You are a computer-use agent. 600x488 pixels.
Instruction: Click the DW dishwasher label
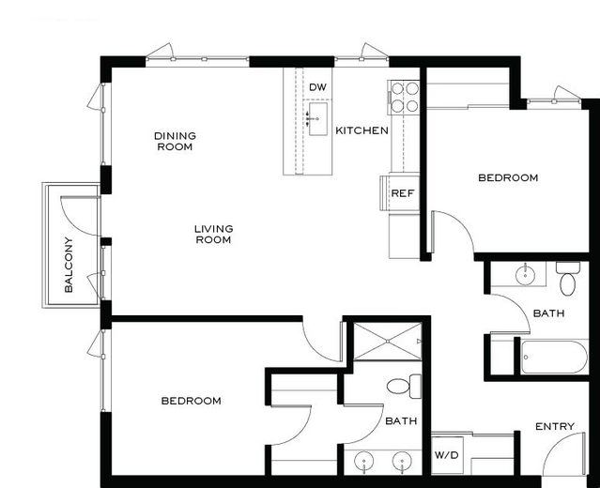tap(317, 87)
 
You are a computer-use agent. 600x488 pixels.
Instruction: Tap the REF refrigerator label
tap(403, 193)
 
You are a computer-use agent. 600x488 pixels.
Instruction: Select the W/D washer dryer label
tap(447, 455)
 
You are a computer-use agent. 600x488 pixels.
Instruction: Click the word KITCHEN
tap(362, 130)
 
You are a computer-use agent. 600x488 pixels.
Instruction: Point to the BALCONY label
tap(69, 265)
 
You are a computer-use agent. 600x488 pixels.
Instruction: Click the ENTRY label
tap(555, 426)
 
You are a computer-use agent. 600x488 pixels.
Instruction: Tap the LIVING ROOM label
tap(213, 234)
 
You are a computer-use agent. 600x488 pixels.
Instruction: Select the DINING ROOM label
tap(175, 141)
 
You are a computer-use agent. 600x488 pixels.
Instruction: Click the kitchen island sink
tap(317, 119)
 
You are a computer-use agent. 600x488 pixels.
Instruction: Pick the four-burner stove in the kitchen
tap(404, 98)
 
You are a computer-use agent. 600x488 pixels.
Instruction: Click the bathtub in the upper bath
tap(554, 357)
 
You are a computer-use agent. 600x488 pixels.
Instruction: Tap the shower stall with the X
tap(387, 342)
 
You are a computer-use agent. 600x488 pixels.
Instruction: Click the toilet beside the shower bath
tap(404, 387)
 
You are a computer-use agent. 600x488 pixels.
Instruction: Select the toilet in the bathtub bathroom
tap(568, 279)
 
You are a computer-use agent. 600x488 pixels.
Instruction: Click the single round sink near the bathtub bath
tap(525, 274)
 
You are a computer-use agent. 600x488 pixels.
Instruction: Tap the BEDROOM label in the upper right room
tap(508, 177)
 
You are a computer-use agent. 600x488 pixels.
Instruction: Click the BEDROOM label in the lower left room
tap(191, 401)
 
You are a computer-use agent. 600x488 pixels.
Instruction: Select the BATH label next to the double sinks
tap(401, 420)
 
